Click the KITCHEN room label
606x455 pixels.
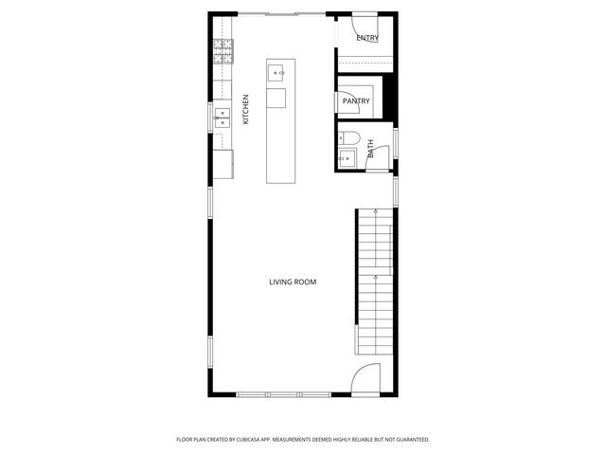[x=245, y=109]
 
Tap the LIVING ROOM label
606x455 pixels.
[x=293, y=282]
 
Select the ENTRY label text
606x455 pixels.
[x=367, y=39]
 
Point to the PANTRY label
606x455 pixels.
[x=356, y=100]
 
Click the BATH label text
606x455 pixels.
[x=370, y=149]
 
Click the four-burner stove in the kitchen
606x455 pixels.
[x=223, y=51]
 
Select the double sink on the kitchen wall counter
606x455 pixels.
[x=223, y=118]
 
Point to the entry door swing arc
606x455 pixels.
[x=365, y=26]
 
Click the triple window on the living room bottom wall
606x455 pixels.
[x=283, y=393]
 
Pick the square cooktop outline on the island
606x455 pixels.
[x=276, y=98]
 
